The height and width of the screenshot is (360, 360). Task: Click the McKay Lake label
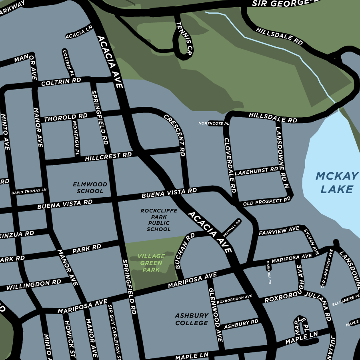pos(334,182)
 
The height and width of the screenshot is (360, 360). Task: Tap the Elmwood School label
pos(90,188)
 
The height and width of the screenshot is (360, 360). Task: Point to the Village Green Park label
pos(151,263)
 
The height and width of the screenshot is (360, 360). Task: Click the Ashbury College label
pos(192,319)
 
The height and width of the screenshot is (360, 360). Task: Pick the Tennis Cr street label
pos(184,38)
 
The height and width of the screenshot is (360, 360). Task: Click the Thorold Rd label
pos(66,118)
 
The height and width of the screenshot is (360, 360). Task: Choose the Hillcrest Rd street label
pos(108,156)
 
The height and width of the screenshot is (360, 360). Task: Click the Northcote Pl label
pos(213,123)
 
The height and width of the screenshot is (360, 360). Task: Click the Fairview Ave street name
pos(279,231)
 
